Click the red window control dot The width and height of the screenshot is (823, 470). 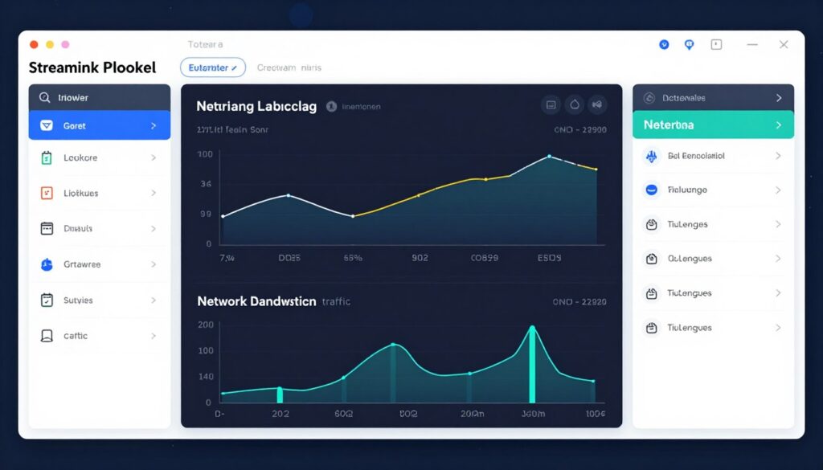34,45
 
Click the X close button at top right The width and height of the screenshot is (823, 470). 784,45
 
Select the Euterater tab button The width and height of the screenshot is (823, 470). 212,68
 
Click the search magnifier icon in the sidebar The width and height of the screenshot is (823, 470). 44,98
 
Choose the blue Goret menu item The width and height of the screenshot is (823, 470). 99,126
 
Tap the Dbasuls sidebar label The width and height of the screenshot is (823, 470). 78,229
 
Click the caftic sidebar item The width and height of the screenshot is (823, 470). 76,336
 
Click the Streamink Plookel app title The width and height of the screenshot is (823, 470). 92,68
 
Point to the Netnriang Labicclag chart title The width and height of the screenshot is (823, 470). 256,106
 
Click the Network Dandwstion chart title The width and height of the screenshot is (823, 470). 256,301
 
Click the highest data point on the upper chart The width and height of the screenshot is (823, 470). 549,156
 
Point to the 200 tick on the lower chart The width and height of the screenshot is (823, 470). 205,325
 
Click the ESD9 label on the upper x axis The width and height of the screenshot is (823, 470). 549,259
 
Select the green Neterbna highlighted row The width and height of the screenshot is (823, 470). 713,125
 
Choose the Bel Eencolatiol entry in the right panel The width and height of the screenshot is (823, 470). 696,156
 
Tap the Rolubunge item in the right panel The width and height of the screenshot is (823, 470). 687,190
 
